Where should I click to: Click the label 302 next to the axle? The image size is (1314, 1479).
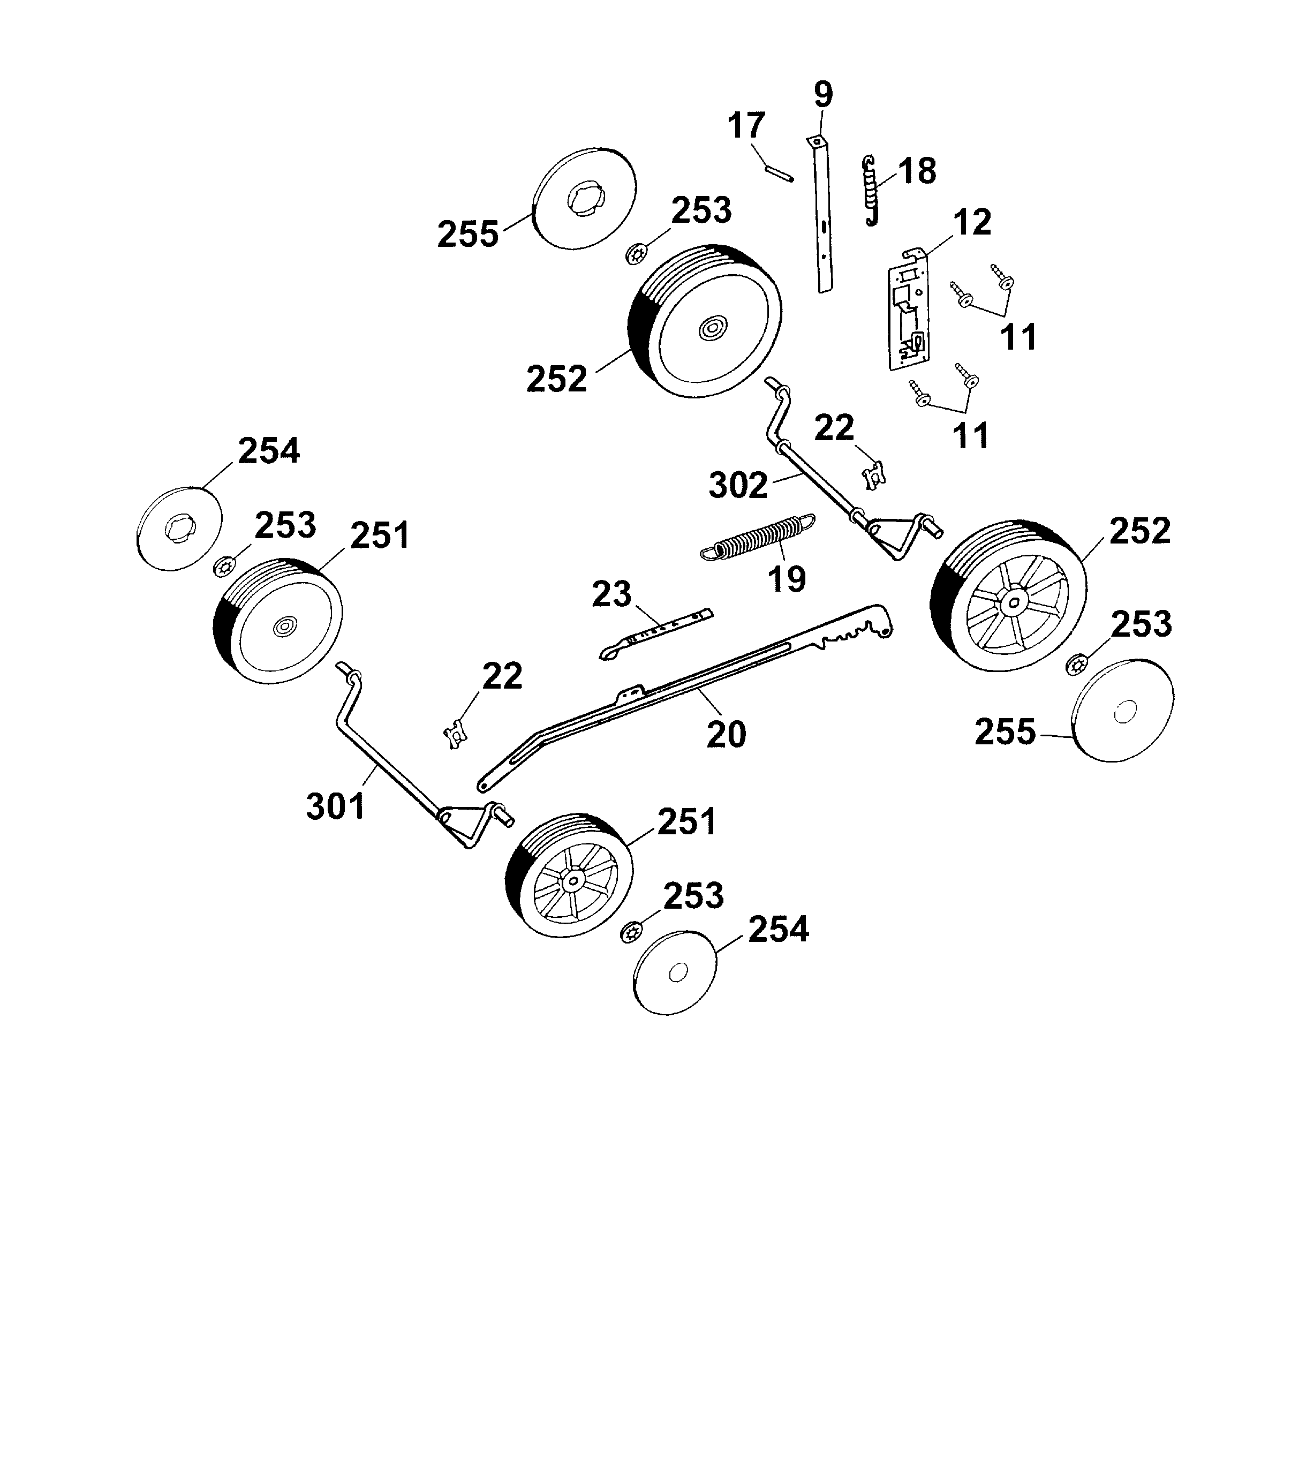click(738, 486)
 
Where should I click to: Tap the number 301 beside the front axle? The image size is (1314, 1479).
click(336, 806)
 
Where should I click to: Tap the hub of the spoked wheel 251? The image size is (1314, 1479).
click(572, 880)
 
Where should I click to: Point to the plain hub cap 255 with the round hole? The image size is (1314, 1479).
click(1123, 713)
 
